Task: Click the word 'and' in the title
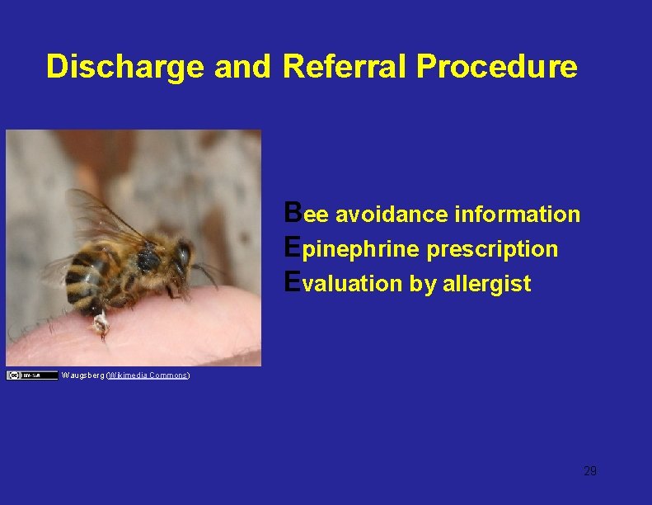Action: click(242, 66)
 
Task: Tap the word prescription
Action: click(492, 249)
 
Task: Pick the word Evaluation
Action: click(343, 284)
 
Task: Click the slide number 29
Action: click(589, 471)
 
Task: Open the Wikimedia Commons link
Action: click(148, 375)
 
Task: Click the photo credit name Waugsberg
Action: click(83, 375)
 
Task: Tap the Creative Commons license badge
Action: click(26, 375)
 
